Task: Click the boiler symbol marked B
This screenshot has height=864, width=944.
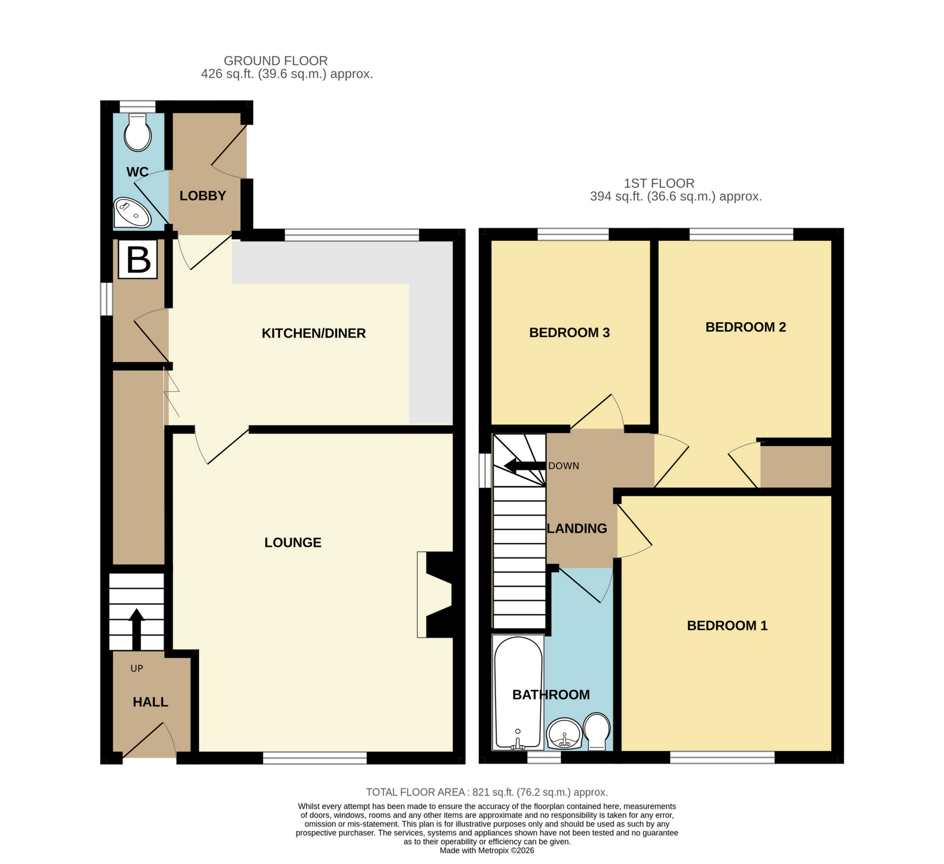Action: coord(138,259)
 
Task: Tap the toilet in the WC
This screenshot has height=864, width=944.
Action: coord(138,132)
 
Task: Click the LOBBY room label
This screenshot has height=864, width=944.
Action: coord(203,195)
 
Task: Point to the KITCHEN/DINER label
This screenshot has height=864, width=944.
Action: coord(314,333)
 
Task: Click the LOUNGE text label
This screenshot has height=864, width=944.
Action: coord(293,542)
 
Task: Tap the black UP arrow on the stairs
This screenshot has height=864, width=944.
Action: coord(137,629)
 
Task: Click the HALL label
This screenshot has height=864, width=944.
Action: coord(150,701)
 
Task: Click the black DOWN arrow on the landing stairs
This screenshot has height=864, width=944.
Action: coord(525,466)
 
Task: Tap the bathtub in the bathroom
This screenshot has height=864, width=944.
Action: coord(518,692)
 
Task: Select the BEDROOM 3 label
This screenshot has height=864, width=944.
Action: coord(569,333)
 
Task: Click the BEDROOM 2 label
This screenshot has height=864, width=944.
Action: coord(745,327)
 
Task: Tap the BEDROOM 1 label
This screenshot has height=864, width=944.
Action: coord(727,626)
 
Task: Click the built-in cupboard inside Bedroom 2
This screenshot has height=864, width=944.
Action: coord(796,467)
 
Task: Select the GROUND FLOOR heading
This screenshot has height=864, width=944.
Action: coord(276,61)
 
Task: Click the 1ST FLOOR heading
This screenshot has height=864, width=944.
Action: coord(659,183)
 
